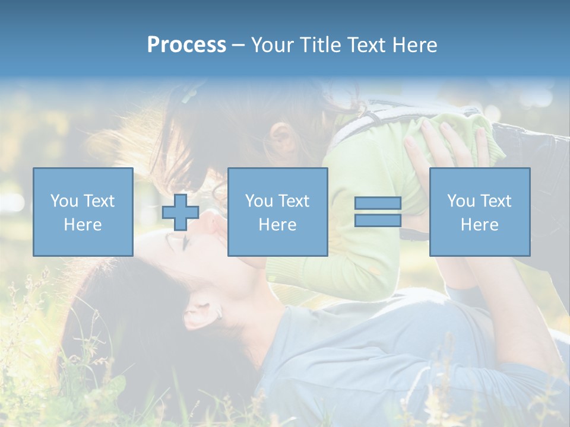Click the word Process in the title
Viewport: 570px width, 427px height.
tap(186, 45)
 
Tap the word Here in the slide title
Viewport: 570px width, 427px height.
tap(414, 45)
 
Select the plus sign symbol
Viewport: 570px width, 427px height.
tap(180, 212)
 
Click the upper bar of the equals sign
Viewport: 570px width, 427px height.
tap(378, 203)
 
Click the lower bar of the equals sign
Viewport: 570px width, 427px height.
tap(378, 221)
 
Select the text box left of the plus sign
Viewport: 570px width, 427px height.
tap(83, 212)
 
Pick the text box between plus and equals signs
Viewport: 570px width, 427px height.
tap(277, 212)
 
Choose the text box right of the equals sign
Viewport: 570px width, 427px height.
tap(479, 212)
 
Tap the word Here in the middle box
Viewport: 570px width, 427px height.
tap(277, 225)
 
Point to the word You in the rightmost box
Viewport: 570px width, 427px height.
tap(461, 201)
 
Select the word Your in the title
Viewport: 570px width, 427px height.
tap(272, 45)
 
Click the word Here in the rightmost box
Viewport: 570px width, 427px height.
tap(479, 225)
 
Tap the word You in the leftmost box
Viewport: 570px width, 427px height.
tap(64, 201)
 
